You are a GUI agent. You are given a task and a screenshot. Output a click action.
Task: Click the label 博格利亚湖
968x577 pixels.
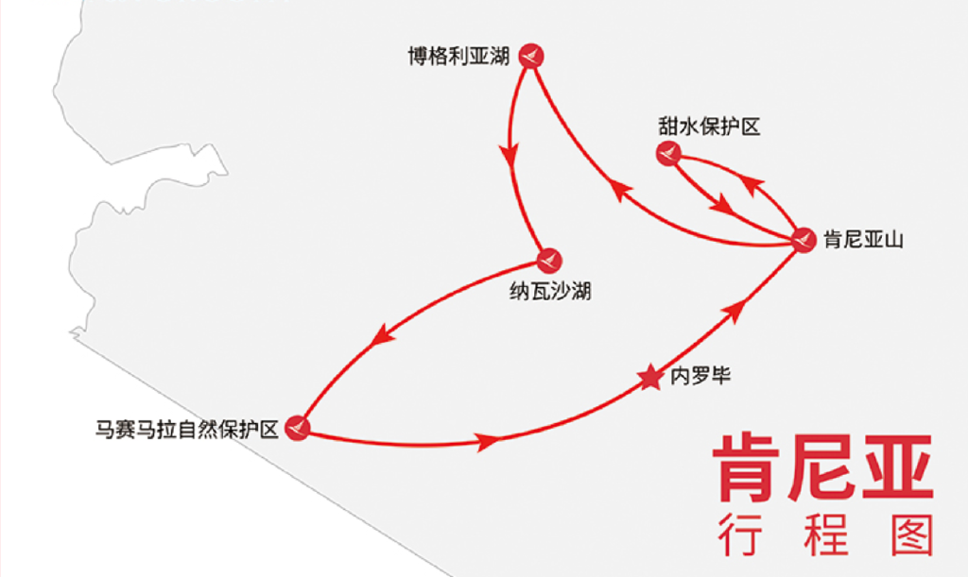(458, 57)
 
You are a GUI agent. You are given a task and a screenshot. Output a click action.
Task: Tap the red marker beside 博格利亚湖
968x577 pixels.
(531, 56)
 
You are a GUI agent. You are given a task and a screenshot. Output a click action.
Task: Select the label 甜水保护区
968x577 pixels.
(709, 127)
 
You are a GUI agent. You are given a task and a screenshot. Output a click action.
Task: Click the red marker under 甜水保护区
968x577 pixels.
(668, 153)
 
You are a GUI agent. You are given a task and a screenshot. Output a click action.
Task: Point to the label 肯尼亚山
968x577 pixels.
(863, 239)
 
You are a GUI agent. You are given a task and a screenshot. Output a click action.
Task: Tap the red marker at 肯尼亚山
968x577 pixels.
(804, 240)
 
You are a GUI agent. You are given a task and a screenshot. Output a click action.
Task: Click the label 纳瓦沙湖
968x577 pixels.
(550, 291)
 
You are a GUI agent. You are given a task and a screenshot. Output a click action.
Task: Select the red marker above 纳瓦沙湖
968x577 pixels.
(549, 261)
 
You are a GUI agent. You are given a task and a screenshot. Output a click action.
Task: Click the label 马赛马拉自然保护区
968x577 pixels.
(186, 429)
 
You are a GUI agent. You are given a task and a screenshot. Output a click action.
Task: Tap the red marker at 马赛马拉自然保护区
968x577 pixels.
(297, 428)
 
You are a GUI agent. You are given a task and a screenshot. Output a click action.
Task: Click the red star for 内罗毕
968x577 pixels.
(649, 378)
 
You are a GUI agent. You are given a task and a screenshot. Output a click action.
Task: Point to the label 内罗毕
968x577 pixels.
(700, 376)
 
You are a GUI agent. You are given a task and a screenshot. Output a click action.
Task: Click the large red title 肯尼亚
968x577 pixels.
(823, 467)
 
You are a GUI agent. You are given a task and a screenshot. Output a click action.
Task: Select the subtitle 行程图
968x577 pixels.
(824, 535)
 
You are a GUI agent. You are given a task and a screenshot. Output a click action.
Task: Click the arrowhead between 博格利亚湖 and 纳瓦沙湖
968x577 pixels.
(510, 156)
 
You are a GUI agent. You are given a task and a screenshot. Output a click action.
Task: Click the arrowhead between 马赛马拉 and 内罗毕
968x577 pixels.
(488, 441)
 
